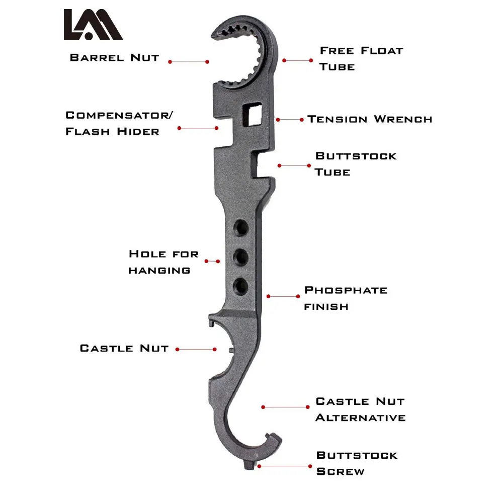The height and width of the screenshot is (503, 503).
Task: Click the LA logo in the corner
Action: click(x=94, y=25)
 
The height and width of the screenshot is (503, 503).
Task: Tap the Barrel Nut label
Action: click(x=115, y=58)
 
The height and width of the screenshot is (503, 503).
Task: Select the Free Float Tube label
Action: click(x=361, y=59)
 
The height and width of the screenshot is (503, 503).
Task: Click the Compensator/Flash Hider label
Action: click(x=119, y=123)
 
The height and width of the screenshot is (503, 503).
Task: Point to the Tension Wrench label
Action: click(x=370, y=119)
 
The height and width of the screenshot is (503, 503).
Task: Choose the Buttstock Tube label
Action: click(x=356, y=164)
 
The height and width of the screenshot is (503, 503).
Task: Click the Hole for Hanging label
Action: click(x=163, y=262)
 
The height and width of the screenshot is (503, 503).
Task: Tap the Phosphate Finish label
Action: click(x=346, y=298)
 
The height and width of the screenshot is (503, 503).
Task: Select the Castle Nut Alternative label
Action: click(x=361, y=409)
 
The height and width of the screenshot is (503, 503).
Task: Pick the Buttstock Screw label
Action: click(x=357, y=463)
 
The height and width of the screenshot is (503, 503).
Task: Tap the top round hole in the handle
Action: click(x=241, y=228)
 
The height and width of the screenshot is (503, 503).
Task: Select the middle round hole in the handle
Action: click(x=240, y=257)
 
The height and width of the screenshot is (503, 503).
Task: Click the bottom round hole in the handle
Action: click(x=240, y=287)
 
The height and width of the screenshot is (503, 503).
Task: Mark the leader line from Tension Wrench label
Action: click(x=290, y=120)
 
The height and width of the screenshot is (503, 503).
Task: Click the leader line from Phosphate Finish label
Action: click(x=283, y=296)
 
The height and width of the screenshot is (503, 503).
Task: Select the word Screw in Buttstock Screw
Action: click(x=341, y=472)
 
